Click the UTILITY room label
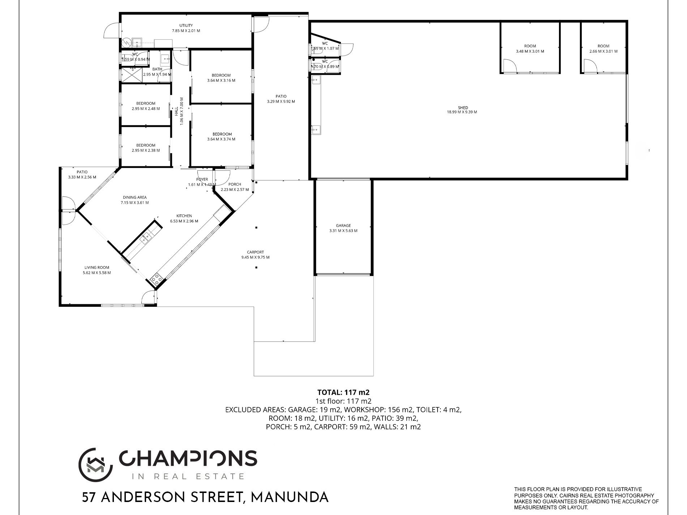point(186,26)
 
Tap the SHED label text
point(463,108)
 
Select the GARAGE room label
point(343,226)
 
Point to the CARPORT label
point(255,252)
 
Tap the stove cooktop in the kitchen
point(156,278)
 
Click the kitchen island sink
point(146,237)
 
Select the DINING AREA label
point(135,197)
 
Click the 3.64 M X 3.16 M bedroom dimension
point(221,81)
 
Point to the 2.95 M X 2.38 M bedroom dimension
point(146,150)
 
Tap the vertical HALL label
point(176,111)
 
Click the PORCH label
point(235,184)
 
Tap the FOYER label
point(202,179)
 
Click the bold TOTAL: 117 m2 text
point(343,392)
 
